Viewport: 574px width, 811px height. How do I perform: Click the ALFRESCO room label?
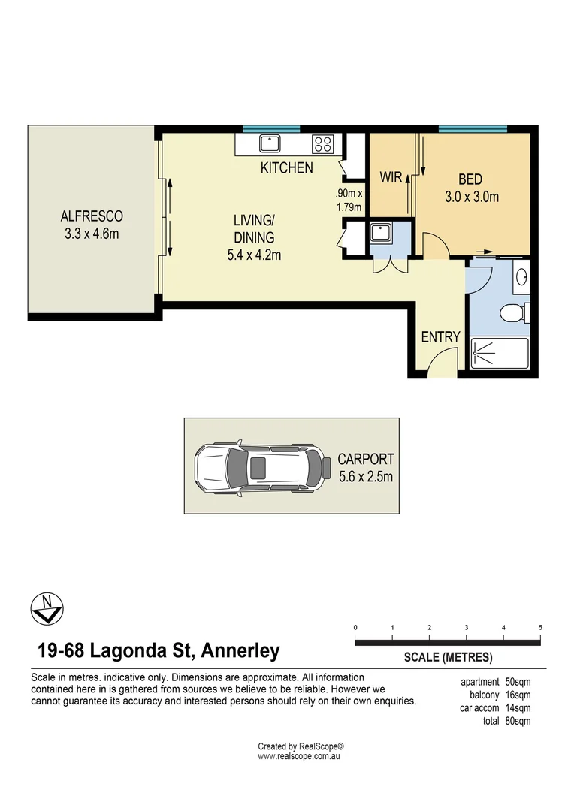tap(92, 216)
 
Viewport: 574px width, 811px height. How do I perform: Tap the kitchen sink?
tap(270, 143)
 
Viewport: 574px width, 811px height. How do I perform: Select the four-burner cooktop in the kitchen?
tap(322, 144)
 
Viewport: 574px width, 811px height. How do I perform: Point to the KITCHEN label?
tap(287, 167)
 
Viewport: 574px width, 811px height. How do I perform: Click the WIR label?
tap(391, 177)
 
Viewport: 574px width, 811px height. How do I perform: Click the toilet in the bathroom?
tap(515, 312)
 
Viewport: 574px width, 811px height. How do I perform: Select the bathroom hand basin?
tap(521, 276)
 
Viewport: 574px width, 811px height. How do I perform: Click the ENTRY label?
tap(440, 337)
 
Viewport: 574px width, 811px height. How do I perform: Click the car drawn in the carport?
tap(263, 468)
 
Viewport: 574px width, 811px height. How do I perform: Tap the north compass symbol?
tap(47, 609)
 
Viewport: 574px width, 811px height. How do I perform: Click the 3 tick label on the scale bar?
tap(467, 627)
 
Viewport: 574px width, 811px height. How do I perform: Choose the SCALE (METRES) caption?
tap(449, 657)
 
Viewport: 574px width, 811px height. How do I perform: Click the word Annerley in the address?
tap(240, 650)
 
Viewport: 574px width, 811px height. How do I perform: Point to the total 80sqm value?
tap(518, 721)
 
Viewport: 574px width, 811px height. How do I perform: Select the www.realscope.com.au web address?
tap(299, 756)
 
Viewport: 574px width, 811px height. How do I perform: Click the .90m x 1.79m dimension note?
tap(349, 200)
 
